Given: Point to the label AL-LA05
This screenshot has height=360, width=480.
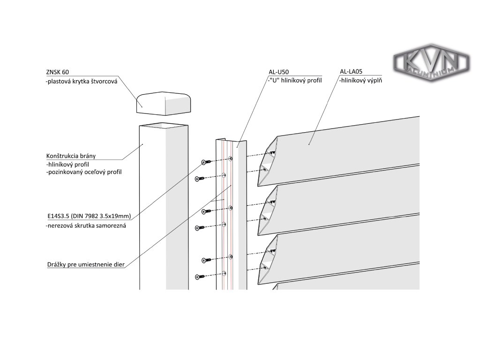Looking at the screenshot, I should [352, 72].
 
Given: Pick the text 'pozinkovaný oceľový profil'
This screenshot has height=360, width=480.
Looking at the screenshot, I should [84, 172].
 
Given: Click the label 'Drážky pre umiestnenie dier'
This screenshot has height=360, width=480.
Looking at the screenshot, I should [86, 264].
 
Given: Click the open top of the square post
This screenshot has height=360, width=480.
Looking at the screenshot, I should [164, 126].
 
